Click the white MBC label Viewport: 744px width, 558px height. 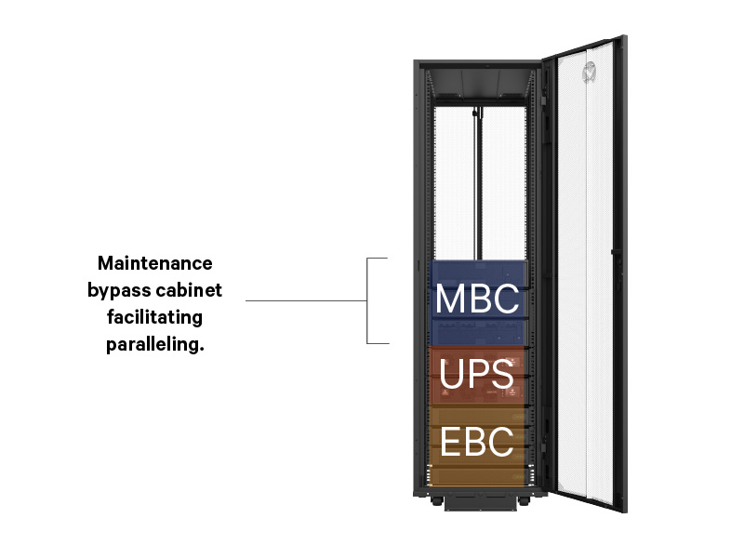477,299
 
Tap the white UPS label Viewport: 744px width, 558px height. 477,374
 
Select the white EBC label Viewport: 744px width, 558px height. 477,442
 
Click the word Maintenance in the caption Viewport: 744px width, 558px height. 155,263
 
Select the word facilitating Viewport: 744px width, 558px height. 155,317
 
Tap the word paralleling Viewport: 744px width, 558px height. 155,345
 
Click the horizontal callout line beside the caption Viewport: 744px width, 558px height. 307,300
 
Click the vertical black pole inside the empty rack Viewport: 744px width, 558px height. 478,186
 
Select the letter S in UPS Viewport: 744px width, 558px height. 502,374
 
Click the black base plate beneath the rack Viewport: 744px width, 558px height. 477,503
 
